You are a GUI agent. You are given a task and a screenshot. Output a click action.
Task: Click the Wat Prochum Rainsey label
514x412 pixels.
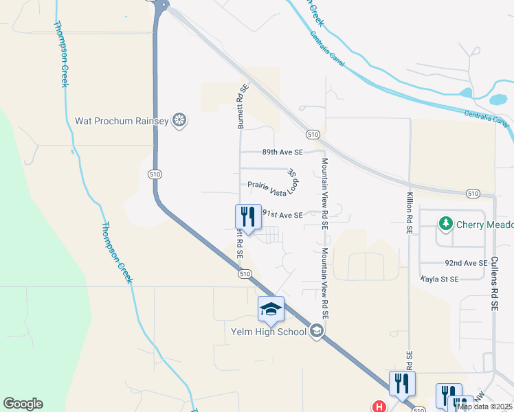point(121,122)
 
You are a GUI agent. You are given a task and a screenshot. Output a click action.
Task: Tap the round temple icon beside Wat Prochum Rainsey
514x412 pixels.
point(180,121)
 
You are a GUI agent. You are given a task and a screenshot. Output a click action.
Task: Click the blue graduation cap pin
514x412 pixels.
point(271,310)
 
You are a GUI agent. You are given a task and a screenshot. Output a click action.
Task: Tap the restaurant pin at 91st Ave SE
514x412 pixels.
point(248,217)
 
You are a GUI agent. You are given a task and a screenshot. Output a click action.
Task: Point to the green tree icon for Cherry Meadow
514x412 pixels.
point(446,223)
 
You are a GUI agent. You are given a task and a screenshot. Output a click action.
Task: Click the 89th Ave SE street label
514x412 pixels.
point(282,152)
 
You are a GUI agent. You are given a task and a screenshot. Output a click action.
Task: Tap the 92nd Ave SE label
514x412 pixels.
point(462,263)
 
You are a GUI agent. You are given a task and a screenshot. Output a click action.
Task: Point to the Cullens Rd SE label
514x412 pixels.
point(494,286)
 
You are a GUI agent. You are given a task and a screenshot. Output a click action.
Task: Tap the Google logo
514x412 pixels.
point(23,404)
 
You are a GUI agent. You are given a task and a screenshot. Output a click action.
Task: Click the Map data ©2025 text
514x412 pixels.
point(484,407)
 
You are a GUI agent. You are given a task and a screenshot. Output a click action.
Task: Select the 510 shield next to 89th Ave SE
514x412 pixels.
point(313,134)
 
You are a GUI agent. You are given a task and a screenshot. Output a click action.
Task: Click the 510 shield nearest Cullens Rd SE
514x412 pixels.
point(473,194)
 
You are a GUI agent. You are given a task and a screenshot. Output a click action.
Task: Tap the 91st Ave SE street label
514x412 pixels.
point(282,215)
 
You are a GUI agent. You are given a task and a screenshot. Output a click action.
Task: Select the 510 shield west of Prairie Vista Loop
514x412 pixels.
point(154,175)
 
